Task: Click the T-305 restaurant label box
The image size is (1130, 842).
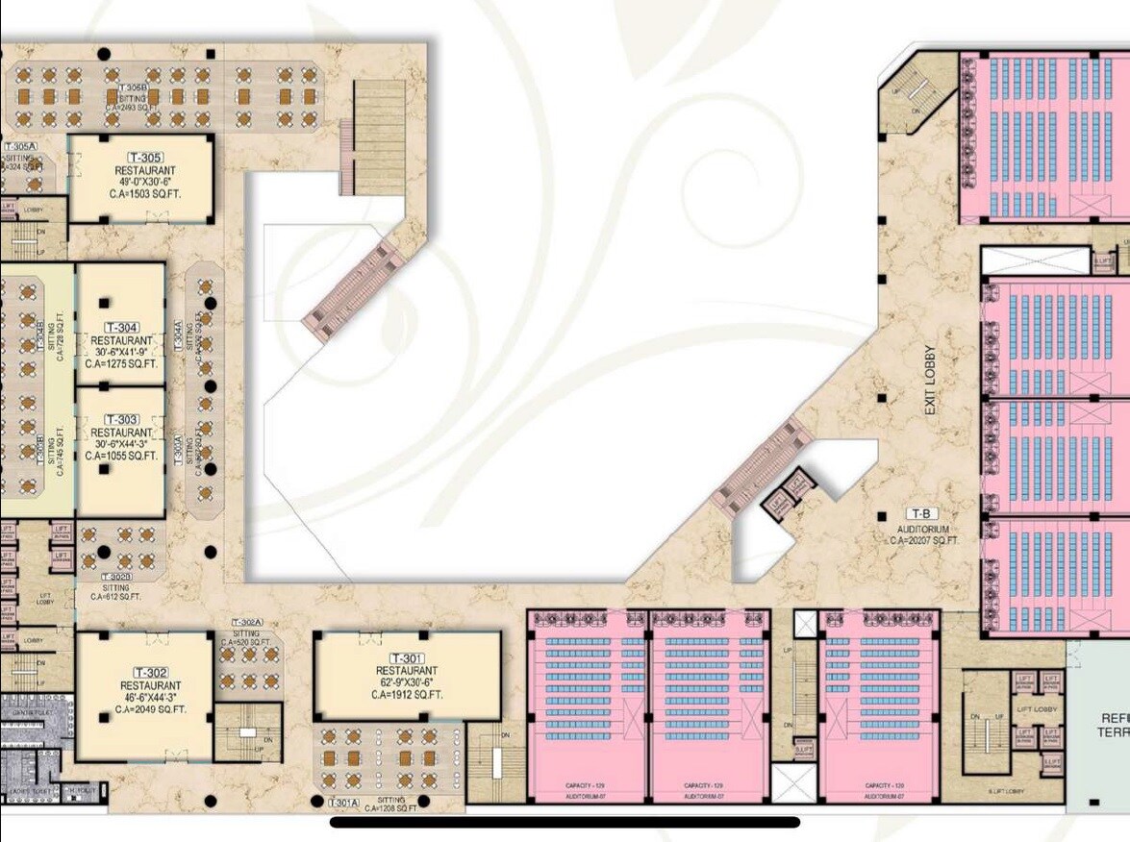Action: [x=145, y=158]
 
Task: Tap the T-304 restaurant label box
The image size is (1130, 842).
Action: [x=121, y=327]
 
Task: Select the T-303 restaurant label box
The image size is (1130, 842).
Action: [x=122, y=420]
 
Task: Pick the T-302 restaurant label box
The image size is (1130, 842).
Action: [x=152, y=672]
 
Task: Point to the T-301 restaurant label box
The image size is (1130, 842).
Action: [x=407, y=657]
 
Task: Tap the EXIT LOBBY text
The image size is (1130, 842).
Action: [x=930, y=380]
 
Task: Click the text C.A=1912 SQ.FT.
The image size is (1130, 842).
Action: [x=407, y=694]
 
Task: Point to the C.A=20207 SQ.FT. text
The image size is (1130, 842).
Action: [x=924, y=541]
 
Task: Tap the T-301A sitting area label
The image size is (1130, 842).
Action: [x=343, y=802]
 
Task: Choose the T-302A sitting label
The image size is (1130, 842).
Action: [x=247, y=623]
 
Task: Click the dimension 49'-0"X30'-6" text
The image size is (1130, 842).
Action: [x=145, y=183]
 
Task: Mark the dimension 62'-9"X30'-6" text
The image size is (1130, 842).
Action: [x=407, y=682]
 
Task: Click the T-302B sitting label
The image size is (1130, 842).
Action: [x=116, y=577]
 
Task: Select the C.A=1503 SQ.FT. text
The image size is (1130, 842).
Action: [x=146, y=194]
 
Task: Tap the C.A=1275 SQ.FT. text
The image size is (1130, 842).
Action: [x=121, y=364]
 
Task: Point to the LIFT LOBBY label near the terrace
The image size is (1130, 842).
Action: [x=1037, y=709]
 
